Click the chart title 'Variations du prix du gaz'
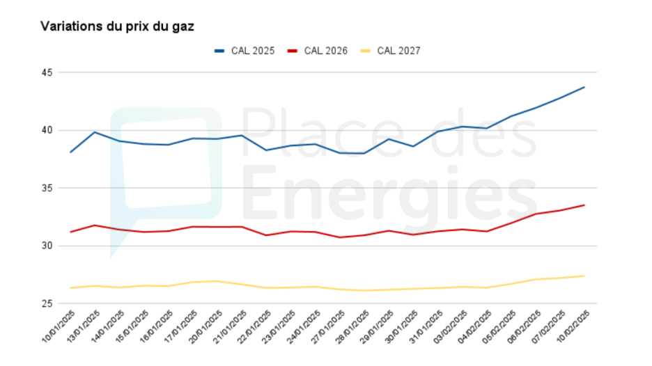(x=117, y=26)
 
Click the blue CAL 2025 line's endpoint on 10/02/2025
(x=584, y=87)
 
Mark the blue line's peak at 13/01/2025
(x=95, y=132)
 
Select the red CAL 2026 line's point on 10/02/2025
(x=584, y=205)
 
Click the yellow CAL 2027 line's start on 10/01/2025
(x=70, y=287)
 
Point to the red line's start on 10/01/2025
(x=70, y=232)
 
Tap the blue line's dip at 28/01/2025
(x=364, y=153)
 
